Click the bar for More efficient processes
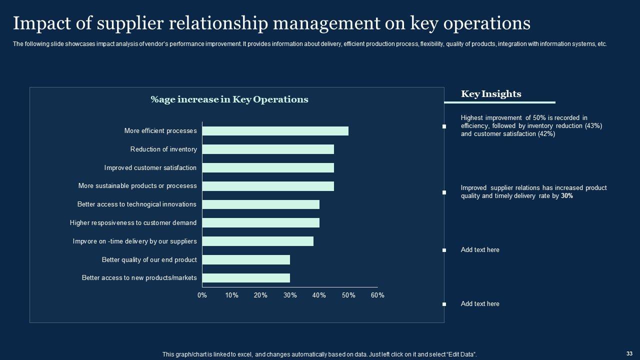pos(275,131)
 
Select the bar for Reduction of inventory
pos(268,149)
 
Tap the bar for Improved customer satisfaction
pos(268,168)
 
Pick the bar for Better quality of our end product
pos(246,259)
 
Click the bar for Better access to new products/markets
pos(246,278)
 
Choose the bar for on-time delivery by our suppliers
pos(257,241)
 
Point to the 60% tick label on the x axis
pos(377,295)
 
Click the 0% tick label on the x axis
pos(202,295)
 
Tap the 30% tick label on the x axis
pos(290,295)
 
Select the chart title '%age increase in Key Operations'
pos(229,99)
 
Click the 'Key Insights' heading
pos(491,94)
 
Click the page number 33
pos(629,353)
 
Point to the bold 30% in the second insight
pos(567,196)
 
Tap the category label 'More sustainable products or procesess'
pos(137,186)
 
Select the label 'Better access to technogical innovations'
pos(136,204)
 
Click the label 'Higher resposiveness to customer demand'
pos(133,223)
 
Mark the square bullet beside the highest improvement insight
pos(444,126)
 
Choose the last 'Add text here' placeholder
pos(480,304)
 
